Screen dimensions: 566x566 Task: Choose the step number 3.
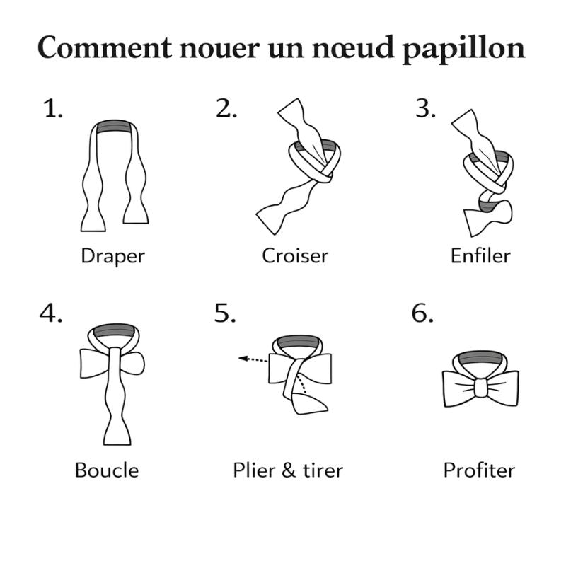(425, 109)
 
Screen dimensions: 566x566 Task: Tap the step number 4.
(51, 313)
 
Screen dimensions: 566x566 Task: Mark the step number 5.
(225, 313)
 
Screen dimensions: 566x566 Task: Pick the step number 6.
(422, 313)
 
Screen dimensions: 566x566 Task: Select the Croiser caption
(295, 255)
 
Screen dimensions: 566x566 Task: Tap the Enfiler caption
(480, 255)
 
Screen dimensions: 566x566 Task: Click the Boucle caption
(107, 470)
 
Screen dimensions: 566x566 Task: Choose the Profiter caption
(479, 470)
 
